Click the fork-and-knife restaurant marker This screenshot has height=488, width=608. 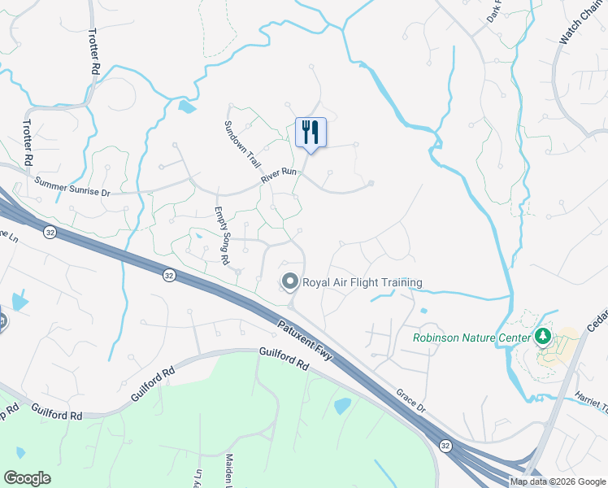click(311, 133)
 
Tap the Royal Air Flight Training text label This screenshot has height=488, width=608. click(363, 283)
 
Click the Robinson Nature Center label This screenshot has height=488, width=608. click(470, 337)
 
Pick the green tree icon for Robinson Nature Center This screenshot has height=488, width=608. click(541, 336)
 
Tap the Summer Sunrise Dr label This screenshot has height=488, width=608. click(72, 186)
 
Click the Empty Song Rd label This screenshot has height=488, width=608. click(221, 235)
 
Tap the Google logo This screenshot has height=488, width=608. click(27, 478)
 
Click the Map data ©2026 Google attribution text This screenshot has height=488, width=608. click(558, 481)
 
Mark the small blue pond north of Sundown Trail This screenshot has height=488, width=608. click(187, 107)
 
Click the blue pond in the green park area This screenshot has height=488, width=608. click(342, 406)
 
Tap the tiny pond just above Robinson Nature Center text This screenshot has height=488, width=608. click(423, 310)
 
